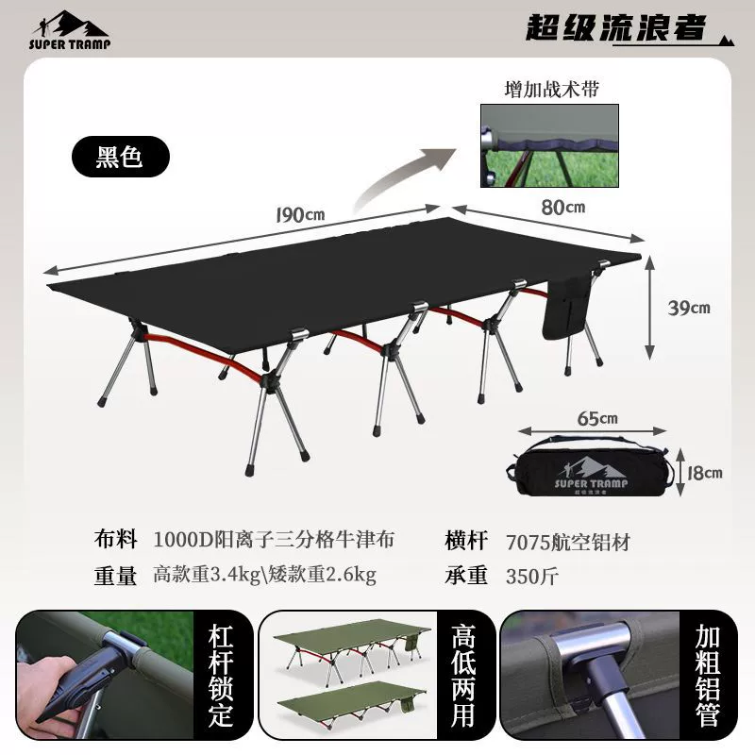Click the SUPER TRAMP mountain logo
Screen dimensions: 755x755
pos(70,30)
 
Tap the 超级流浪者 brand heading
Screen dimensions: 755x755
pos(616,27)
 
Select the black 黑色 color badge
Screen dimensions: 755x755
pos(121,157)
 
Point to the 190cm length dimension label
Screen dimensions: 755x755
pos(300,215)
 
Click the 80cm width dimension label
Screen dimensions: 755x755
pos(562,207)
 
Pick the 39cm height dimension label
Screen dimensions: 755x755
pos(689,308)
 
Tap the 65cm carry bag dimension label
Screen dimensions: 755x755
pos(597,418)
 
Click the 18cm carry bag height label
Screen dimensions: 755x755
pos(704,473)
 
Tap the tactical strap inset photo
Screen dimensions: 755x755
pos(549,145)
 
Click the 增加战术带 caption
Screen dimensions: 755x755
pos(551,90)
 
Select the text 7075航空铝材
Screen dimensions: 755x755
pos(568,542)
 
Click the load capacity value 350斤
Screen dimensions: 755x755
pos(532,576)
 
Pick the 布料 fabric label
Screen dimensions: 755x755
pos(115,539)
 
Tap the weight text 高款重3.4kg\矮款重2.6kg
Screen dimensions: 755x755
pos(265,575)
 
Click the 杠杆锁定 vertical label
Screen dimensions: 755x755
pos(221,675)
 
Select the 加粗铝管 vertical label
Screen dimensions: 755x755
pos(707,675)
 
